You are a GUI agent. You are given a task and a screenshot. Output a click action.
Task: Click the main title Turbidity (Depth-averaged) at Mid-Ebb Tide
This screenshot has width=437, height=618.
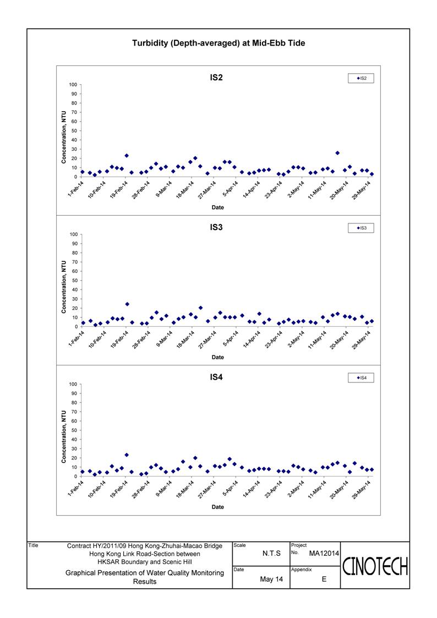click(218, 43)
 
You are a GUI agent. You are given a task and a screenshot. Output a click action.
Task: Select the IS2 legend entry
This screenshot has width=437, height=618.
click(361, 78)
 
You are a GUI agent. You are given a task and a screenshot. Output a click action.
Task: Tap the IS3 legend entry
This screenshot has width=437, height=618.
click(361, 228)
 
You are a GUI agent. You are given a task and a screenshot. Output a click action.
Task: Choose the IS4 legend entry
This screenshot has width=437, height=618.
click(361, 378)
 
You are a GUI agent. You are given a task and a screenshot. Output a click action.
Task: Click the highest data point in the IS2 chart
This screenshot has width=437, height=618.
click(337, 153)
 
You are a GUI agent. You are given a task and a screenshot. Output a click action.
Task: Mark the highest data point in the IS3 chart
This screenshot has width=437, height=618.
click(127, 304)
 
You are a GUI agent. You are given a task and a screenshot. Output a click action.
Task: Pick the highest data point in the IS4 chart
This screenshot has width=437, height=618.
click(127, 455)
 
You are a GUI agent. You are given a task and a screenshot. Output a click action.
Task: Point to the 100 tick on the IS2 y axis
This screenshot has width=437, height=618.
click(73, 85)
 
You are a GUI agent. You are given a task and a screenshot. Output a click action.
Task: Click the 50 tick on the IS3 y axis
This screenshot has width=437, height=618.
click(74, 281)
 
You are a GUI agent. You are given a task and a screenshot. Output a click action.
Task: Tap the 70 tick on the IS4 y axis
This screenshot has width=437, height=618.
click(74, 412)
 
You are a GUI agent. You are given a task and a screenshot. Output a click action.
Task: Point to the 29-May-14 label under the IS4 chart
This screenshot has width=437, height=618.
click(362, 489)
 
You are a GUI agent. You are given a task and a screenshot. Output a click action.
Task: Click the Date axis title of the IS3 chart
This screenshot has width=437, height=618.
click(217, 357)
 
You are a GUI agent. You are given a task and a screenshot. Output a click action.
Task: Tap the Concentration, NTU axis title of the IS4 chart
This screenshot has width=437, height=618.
click(64, 437)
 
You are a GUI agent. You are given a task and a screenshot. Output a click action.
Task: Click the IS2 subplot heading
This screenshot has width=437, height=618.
click(216, 78)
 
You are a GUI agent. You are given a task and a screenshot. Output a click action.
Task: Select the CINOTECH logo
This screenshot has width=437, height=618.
click(375, 567)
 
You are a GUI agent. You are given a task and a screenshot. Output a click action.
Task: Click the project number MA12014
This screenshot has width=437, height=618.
click(324, 554)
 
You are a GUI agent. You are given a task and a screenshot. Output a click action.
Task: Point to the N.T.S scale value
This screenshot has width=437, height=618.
click(271, 554)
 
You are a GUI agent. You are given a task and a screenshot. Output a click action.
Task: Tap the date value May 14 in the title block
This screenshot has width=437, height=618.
click(271, 579)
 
